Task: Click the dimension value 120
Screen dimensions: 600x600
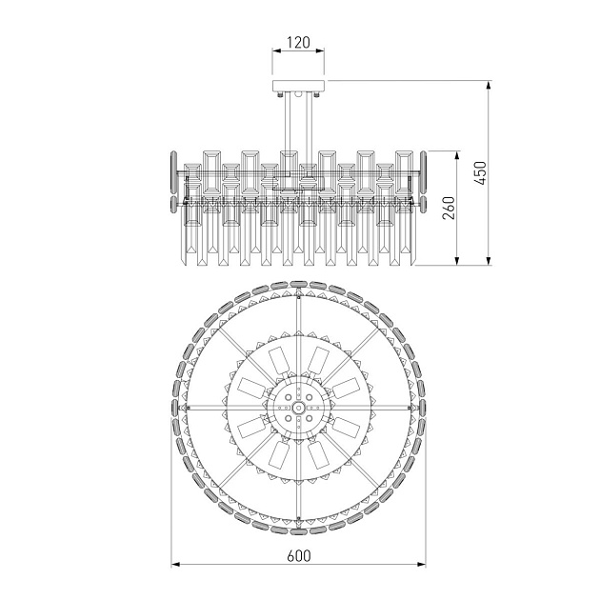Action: click(x=298, y=42)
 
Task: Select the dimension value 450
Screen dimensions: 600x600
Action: click(x=481, y=173)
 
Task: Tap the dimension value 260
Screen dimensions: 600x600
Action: click(x=449, y=208)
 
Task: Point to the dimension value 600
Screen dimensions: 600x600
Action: click(x=298, y=556)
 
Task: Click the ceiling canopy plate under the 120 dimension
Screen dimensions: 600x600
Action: click(x=298, y=86)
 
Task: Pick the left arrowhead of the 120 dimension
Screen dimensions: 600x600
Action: click(x=276, y=50)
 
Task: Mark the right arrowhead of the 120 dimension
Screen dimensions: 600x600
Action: click(x=320, y=50)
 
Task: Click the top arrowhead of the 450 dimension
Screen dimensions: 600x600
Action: click(x=489, y=86)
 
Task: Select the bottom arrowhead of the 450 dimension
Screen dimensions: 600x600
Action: click(x=489, y=260)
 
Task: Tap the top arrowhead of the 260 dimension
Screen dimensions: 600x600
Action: click(x=456, y=156)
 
